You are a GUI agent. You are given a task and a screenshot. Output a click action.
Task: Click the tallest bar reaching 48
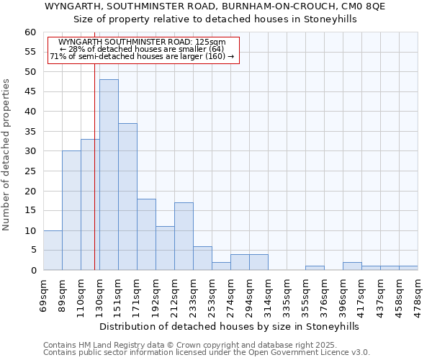click(109, 174)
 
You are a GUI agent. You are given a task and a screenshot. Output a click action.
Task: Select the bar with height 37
click(127, 197)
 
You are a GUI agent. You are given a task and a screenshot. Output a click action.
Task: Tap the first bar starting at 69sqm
click(53, 250)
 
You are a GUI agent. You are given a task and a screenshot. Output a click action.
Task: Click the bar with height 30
click(71, 210)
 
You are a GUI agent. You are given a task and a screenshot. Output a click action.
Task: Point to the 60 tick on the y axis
click(31, 32)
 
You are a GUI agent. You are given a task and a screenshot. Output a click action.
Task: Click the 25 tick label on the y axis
click(31, 171)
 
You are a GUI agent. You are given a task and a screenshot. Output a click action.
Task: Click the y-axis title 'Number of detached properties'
click(7, 155)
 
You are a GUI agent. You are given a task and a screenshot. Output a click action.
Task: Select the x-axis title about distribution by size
click(229, 326)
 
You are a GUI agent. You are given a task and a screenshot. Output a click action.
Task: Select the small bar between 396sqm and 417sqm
click(352, 266)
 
